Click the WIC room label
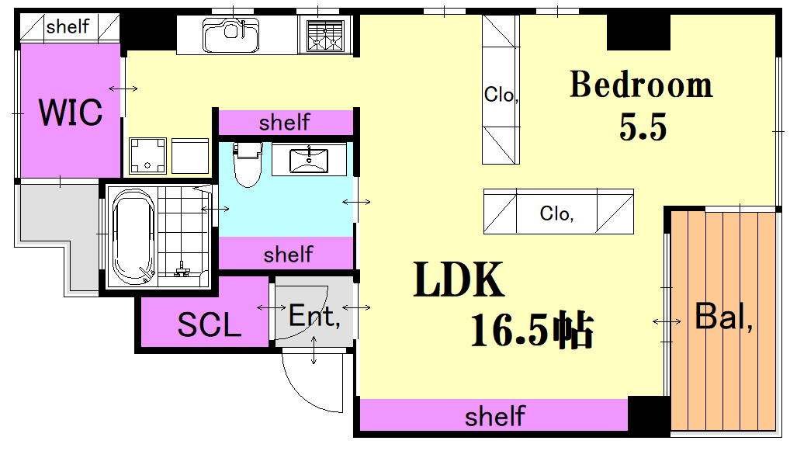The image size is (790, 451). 71,112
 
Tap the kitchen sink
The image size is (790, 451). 230,35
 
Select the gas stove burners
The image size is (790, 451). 325,36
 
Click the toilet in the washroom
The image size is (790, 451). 248,165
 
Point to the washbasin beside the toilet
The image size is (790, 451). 309,160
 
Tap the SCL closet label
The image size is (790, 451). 209,324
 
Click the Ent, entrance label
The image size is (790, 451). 314,317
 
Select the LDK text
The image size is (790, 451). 459,279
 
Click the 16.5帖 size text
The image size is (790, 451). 532,331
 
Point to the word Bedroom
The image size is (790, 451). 641,84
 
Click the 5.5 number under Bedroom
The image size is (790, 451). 643,127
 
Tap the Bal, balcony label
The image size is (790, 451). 723,317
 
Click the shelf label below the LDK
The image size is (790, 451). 495,416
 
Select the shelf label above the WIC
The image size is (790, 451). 68,26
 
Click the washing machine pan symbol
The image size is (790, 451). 147,156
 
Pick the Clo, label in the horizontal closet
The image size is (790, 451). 556,213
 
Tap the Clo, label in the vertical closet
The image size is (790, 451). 501,94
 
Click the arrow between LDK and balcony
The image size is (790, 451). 667,321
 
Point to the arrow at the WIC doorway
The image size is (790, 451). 123,89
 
